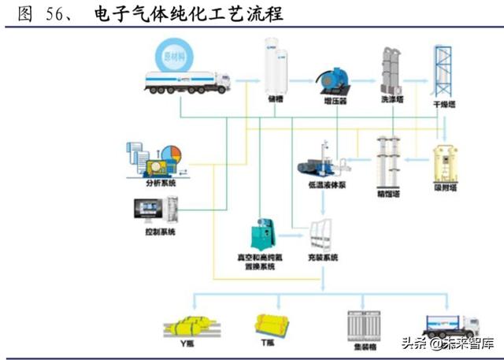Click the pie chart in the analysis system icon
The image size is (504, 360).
click(172, 153)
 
